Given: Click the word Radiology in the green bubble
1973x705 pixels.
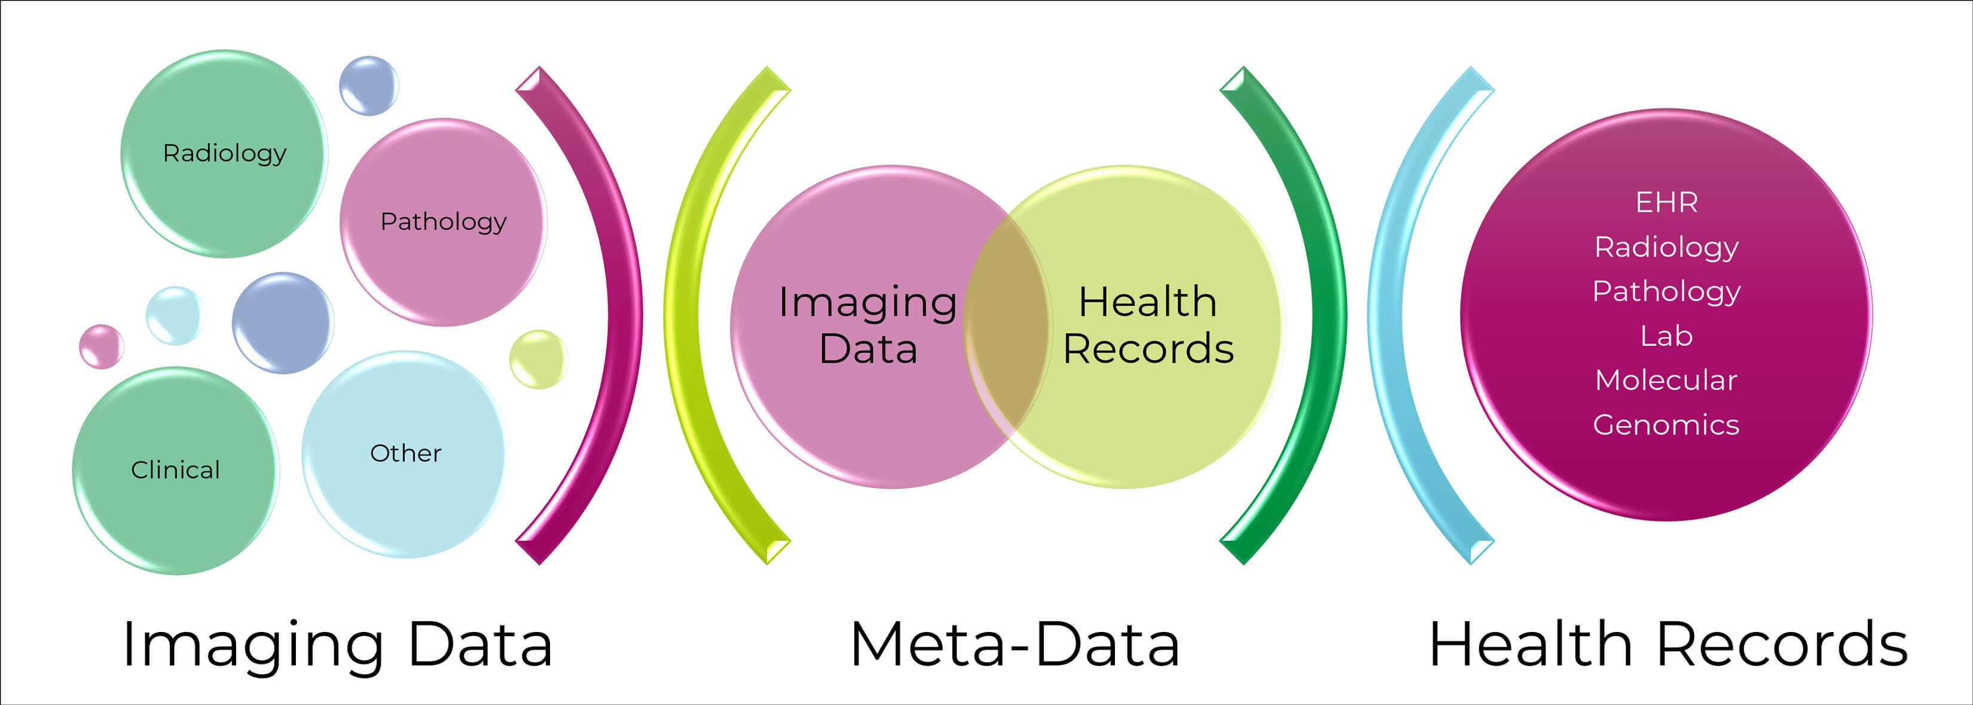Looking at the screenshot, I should tap(224, 153).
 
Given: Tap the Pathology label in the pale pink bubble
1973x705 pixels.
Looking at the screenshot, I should tap(444, 221).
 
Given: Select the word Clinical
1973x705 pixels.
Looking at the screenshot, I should tap(175, 470).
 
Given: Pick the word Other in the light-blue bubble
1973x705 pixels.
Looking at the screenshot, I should tap(405, 454).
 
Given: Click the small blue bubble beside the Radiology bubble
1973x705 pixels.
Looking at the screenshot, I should tap(368, 86).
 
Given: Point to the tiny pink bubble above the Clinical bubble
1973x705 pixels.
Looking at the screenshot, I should tap(101, 347).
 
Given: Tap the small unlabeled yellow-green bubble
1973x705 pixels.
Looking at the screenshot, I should tap(537, 358).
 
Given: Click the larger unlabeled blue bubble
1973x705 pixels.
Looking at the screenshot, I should tap(283, 323).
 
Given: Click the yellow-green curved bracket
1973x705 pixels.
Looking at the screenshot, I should tap(682, 314).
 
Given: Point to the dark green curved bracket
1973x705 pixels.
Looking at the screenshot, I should tap(1329, 314).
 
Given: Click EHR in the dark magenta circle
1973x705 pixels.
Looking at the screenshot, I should tap(1667, 203).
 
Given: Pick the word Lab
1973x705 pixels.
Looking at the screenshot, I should tap(1667, 336).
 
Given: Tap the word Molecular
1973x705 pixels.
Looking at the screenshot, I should tap(1667, 381).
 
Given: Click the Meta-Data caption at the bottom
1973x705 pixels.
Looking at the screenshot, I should tap(1015, 645).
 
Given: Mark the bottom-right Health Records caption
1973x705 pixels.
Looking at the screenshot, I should tap(1668, 645).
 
